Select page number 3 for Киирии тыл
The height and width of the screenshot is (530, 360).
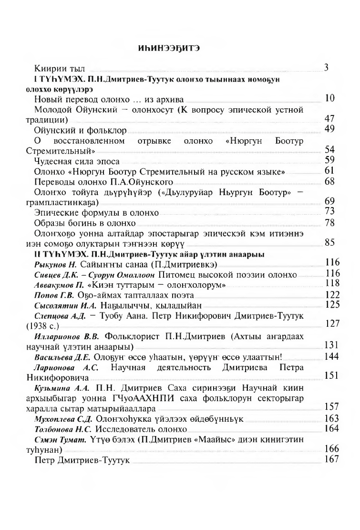(327, 67)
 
